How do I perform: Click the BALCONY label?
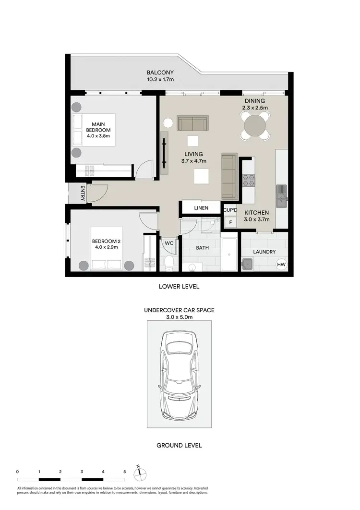[160, 73]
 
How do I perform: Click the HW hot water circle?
[281, 264]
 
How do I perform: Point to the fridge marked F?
[230, 222]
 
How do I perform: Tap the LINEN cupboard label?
[201, 208]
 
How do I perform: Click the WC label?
[169, 243]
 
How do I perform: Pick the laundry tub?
[248, 264]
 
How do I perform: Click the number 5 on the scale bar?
[124, 472]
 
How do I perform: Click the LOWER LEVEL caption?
[179, 287]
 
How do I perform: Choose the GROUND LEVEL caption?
[179, 445]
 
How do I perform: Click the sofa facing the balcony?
[192, 123]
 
